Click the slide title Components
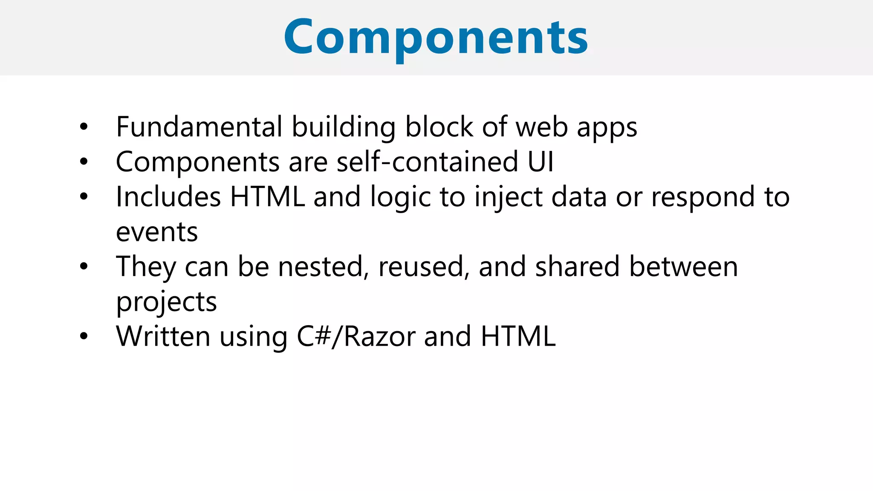(x=436, y=38)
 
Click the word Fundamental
(x=199, y=127)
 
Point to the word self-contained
(x=427, y=162)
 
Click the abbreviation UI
(x=541, y=162)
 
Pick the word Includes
(x=168, y=197)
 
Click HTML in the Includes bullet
(x=267, y=197)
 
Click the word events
(x=157, y=232)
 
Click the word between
(x=683, y=267)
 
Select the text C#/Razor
(x=356, y=337)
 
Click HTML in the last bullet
(x=518, y=337)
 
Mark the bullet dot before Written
(x=84, y=336)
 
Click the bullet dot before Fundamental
(x=84, y=127)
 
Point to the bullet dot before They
(x=84, y=266)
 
